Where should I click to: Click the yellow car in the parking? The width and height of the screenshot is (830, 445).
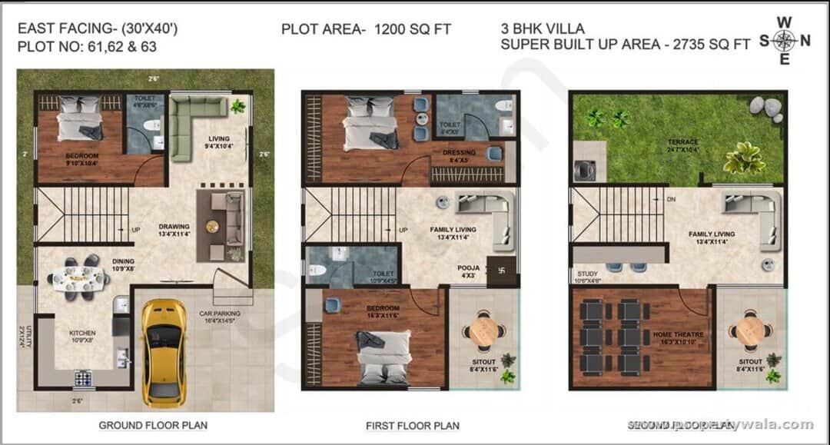[x=162, y=352]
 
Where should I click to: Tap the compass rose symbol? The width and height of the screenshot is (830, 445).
[x=784, y=41]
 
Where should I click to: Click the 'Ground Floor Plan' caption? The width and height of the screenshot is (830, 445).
[x=153, y=425]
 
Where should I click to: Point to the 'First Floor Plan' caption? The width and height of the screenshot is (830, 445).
[x=413, y=426]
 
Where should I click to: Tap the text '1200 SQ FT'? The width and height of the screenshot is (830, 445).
[x=413, y=29]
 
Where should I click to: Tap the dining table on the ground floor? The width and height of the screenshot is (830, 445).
[x=78, y=276]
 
